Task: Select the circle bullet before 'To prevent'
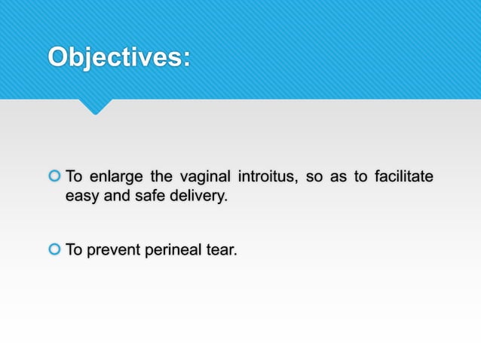click(x=54, y=250)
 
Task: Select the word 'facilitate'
click(x=404, y=178)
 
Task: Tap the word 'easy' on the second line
click(x=82, y=198)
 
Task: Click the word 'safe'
click(x=146, y=197)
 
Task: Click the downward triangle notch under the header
click(x=95, y=106)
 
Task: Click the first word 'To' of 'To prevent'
click(x=74, y=250)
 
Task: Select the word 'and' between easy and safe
click(x=114, y=197)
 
